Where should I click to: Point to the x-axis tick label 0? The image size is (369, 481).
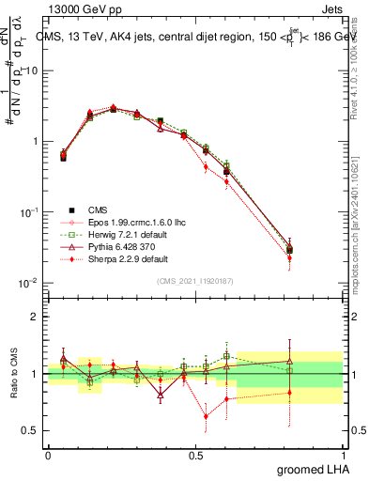point(48,455)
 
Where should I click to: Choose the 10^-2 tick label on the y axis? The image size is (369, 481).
point(29,284)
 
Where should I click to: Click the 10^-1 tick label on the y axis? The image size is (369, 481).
point(29,213)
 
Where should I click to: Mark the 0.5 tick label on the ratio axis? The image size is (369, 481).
point(31,431)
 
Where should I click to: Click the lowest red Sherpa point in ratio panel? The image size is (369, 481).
point(206,416)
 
